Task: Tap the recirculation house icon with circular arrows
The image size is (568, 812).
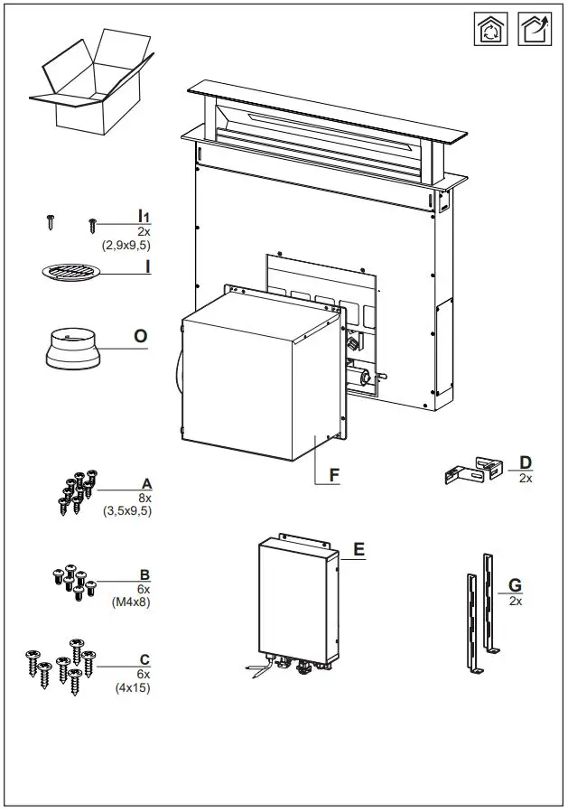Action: (x=490, y=29)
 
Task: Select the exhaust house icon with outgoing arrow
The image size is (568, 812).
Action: (x=534, y=29)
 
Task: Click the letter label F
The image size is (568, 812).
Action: (x=332, y=474)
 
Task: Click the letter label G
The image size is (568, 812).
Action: (x=516, y=585)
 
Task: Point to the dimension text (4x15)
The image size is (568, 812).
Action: (x=133, y=688)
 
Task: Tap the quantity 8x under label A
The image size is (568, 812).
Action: (x=144, y=498)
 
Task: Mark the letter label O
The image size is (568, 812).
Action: (x=141, y=336)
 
